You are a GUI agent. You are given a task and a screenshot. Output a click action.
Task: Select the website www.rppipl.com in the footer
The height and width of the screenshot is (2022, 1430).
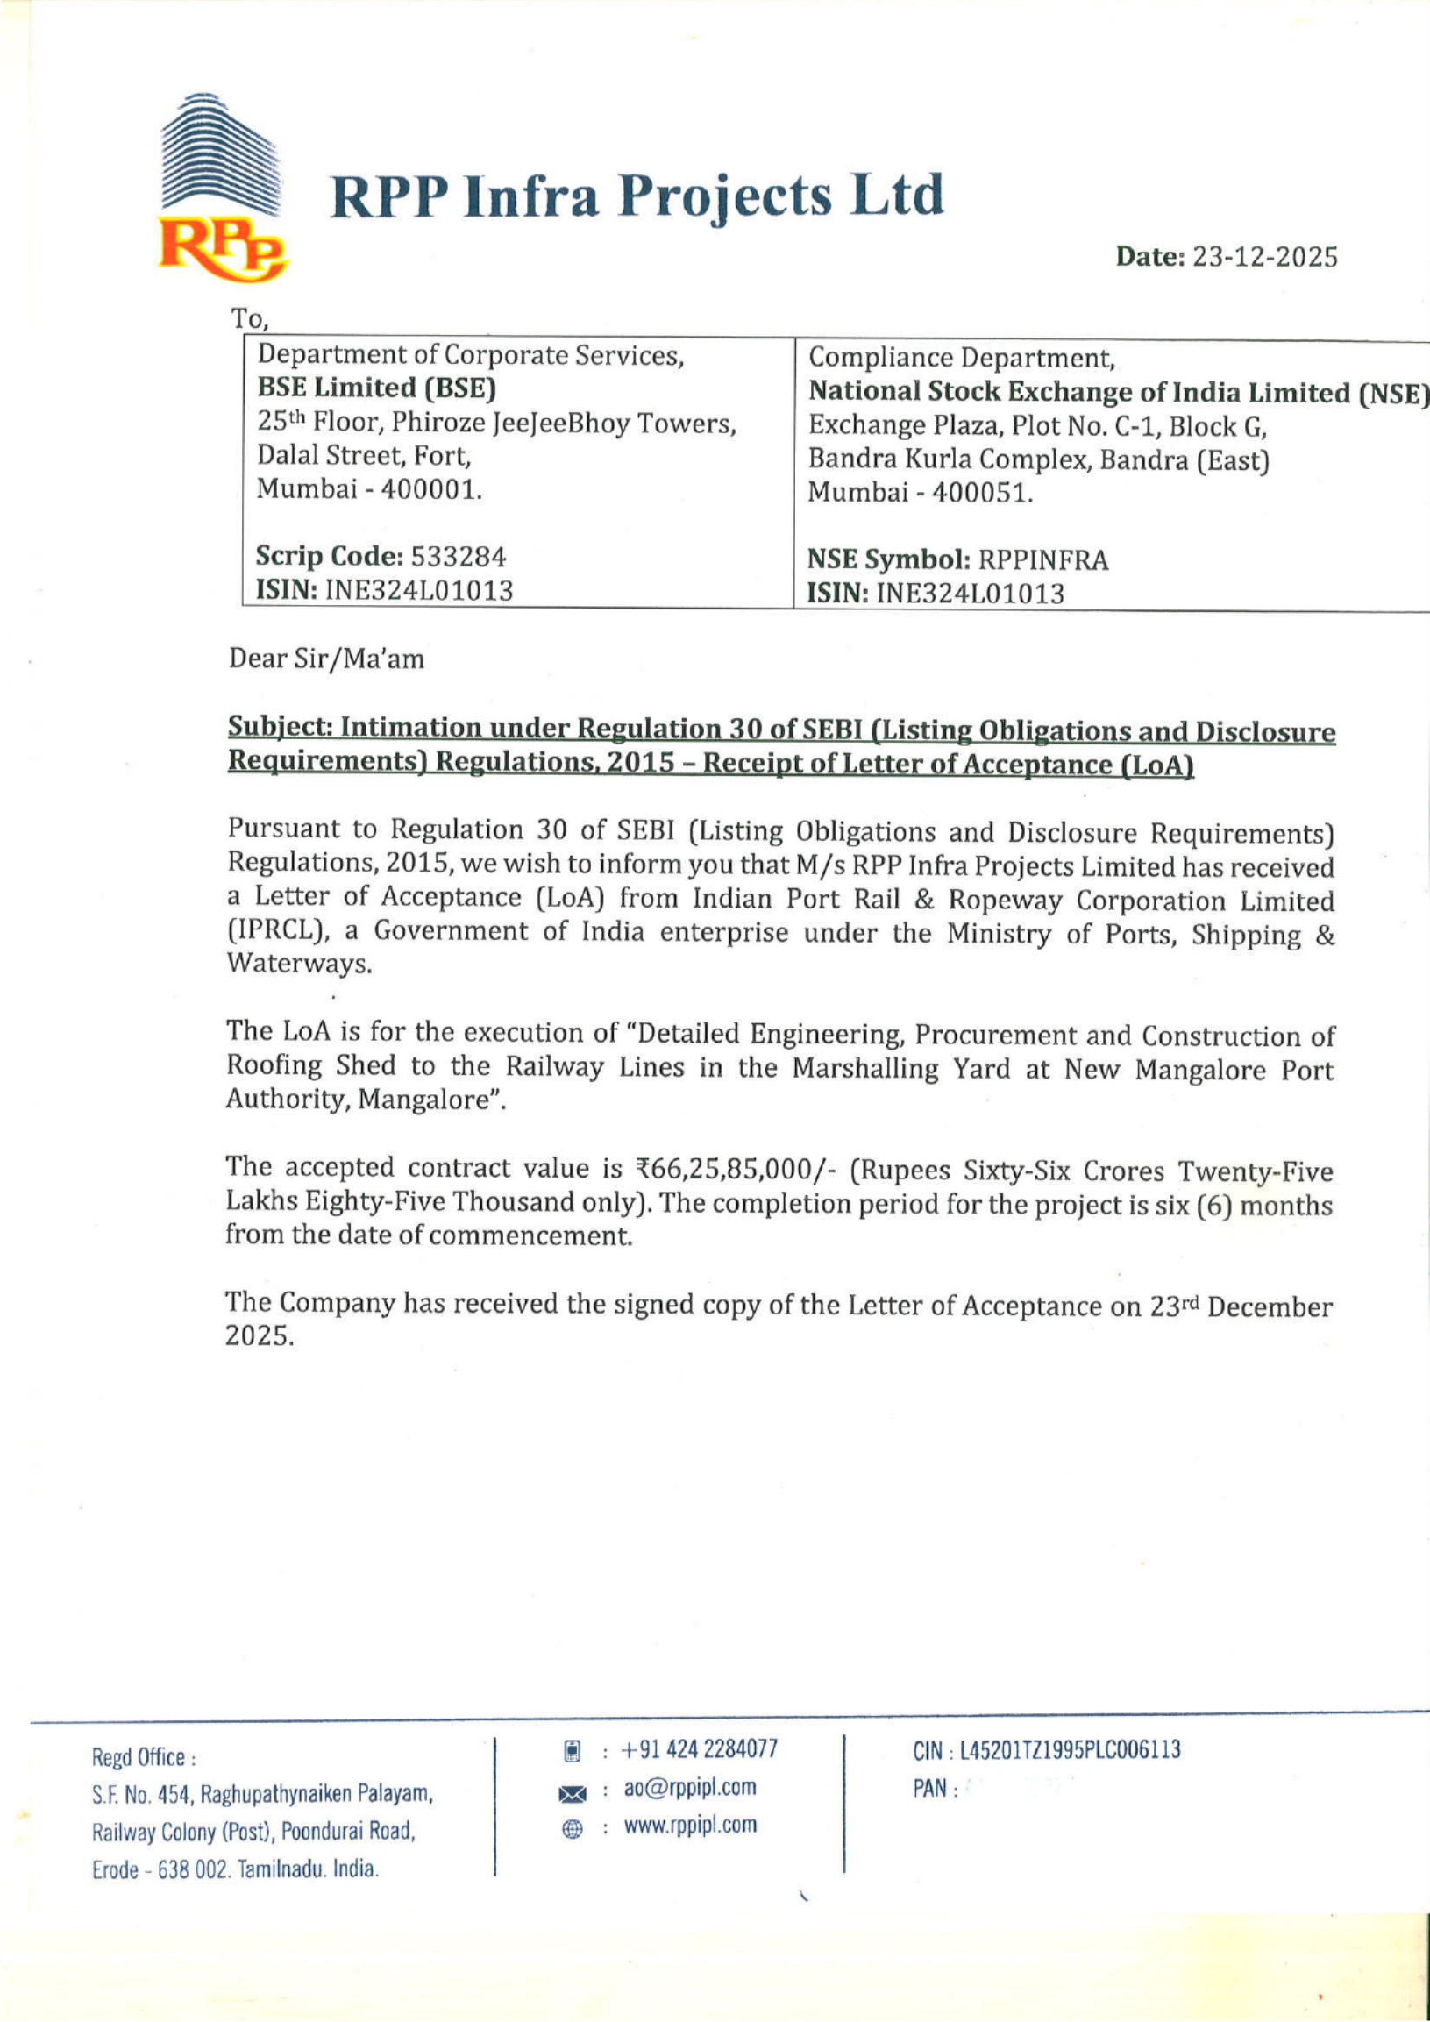pos(690,1826)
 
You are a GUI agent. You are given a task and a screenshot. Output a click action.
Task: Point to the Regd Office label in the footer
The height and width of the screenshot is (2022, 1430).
pos(143,1759)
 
